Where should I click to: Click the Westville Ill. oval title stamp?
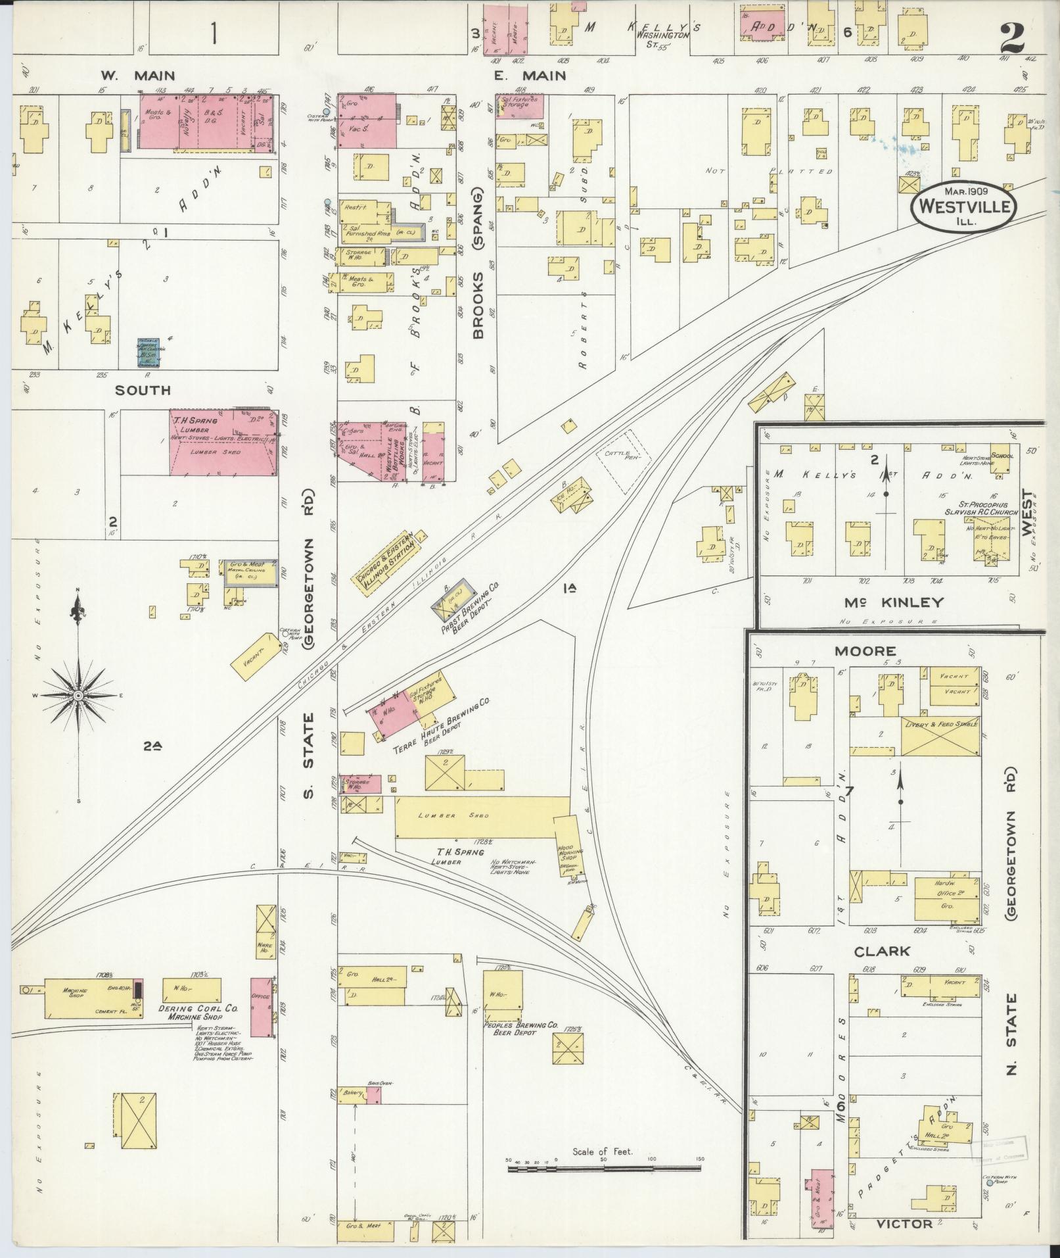click(964, 206)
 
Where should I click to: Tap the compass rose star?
click(78, 695)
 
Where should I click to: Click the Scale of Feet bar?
click(603, 1169)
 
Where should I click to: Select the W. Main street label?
click(137, 76)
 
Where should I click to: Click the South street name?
click(143, 390)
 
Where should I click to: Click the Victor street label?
click(904, 1223)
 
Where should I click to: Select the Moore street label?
click(865, 651)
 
